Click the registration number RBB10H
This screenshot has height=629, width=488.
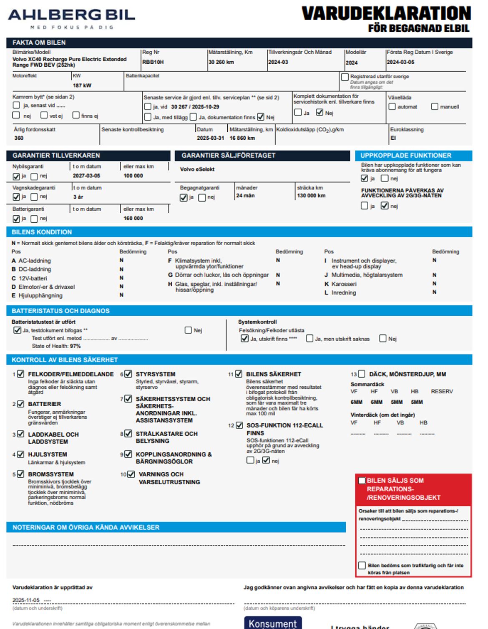[153, 62]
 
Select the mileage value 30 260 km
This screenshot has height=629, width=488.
[221, 62]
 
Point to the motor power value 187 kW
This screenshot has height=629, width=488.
[82, 86]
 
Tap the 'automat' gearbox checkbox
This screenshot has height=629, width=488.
[392, 107]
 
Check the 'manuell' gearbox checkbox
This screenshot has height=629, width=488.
[435, 107]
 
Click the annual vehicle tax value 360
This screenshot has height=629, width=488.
[19, 138]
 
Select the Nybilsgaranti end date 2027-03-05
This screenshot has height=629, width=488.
[86, 176]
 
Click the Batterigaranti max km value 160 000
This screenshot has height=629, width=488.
[133, 218]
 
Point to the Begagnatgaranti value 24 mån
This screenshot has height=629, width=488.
[245, 196]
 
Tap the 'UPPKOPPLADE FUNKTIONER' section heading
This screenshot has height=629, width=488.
[405, 156]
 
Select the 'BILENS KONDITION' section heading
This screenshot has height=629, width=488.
[42, 232]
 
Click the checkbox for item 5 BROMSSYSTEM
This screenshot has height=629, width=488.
[20, 474]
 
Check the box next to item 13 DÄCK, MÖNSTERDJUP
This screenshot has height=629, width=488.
[362, 374]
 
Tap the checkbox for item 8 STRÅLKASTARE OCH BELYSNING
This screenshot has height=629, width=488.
[128, 434]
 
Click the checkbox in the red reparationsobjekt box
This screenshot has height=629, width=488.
[362, 481]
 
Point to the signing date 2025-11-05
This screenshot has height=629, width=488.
[26, 600]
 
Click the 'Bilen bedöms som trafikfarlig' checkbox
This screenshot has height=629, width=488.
[362, 566]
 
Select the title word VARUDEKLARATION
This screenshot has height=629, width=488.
[386, 14]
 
